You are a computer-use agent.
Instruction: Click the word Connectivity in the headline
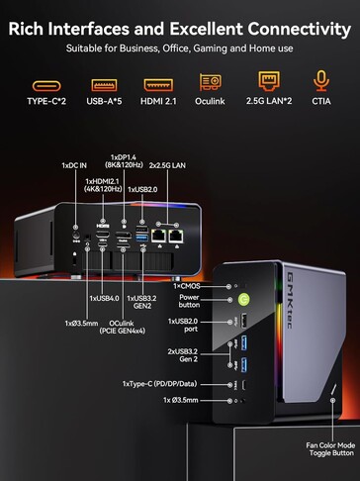[x=290, y=23]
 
